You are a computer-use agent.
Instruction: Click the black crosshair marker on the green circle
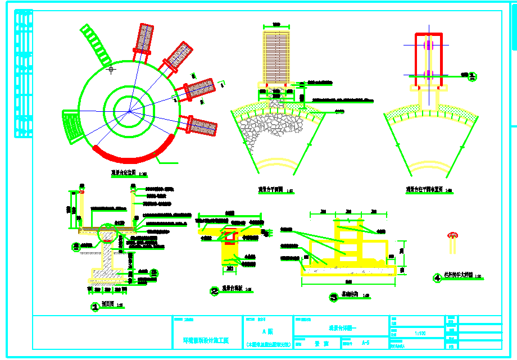pos(111,70)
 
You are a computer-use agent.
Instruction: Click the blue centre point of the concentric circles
pos(130,111)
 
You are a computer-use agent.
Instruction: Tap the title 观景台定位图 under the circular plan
pos(123,174)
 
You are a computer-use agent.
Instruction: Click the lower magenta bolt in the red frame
pos(428,74)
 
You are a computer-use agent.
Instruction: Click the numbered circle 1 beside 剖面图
pos(95,307)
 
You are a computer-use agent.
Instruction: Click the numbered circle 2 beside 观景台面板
pos(214,291)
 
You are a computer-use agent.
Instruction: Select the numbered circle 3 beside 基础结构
pos(333,298)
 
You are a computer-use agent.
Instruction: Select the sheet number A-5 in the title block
pos(365,342)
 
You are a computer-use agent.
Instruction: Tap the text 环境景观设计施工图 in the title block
pos(206,340)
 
